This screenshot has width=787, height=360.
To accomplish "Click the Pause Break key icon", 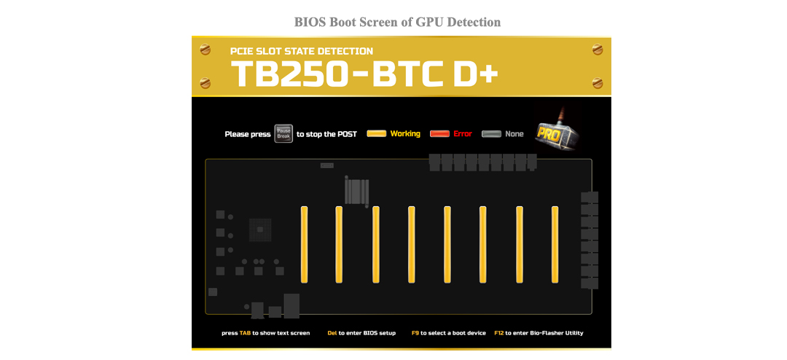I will coord(283,133).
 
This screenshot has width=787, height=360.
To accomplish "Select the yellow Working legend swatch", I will coord(376,134).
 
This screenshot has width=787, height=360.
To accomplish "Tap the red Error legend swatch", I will coord(439,134).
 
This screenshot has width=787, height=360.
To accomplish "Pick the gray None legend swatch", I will coord(491,134).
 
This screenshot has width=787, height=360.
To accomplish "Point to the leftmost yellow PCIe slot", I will coord(304,244).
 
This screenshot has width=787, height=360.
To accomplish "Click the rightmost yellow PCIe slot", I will coord(555,244).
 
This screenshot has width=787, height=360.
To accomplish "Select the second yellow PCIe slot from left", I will coord(339,244).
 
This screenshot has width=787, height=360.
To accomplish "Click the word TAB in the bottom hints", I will coord(245,333).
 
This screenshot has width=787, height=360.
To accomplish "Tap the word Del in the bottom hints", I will coord(332,333).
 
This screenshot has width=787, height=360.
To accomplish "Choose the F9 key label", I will coord(415,333).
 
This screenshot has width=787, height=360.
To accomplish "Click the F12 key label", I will coord(498,333).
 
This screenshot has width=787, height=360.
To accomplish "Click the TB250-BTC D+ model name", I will coord(364,74).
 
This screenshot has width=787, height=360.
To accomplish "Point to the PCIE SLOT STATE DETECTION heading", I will coord(302,51).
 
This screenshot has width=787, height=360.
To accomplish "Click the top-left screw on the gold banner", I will coord(205,50).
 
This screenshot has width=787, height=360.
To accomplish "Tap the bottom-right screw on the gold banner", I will coord(598,83).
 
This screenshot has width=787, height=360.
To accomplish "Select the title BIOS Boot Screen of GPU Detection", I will coord(397,22).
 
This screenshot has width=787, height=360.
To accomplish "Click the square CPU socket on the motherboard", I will coord(260,230).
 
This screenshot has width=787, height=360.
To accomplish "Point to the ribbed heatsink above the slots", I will coord(357,192).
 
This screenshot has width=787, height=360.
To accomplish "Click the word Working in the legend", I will coord(405,134).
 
